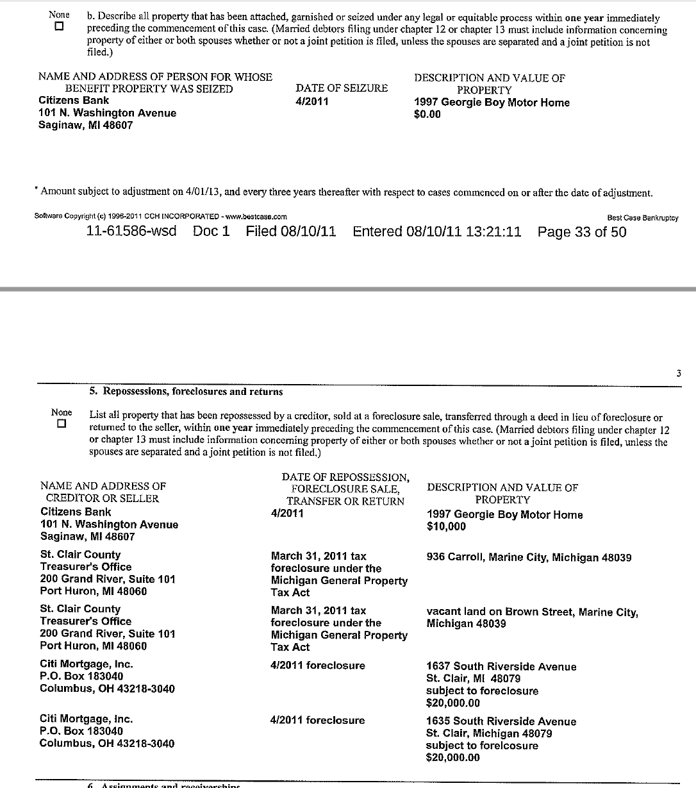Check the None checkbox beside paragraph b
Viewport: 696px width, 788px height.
60,27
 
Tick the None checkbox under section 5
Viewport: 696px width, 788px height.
62,424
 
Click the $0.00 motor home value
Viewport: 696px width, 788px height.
427,115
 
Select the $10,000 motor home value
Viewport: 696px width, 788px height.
446,526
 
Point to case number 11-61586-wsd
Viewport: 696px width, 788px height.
131,231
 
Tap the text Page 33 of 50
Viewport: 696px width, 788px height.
582,231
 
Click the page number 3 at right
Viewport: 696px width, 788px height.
679,374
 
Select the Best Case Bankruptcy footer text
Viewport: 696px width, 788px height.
642,218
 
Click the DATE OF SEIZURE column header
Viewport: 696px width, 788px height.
342,88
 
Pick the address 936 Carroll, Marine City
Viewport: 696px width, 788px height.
529,557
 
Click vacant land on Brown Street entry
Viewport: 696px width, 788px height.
532,612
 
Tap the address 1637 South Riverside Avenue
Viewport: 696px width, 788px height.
501,667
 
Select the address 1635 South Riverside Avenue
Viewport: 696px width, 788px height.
501,721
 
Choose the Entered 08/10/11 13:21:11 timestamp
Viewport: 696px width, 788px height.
437,231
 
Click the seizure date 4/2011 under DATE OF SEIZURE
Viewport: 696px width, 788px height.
312,101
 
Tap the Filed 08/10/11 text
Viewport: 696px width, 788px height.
290,231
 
